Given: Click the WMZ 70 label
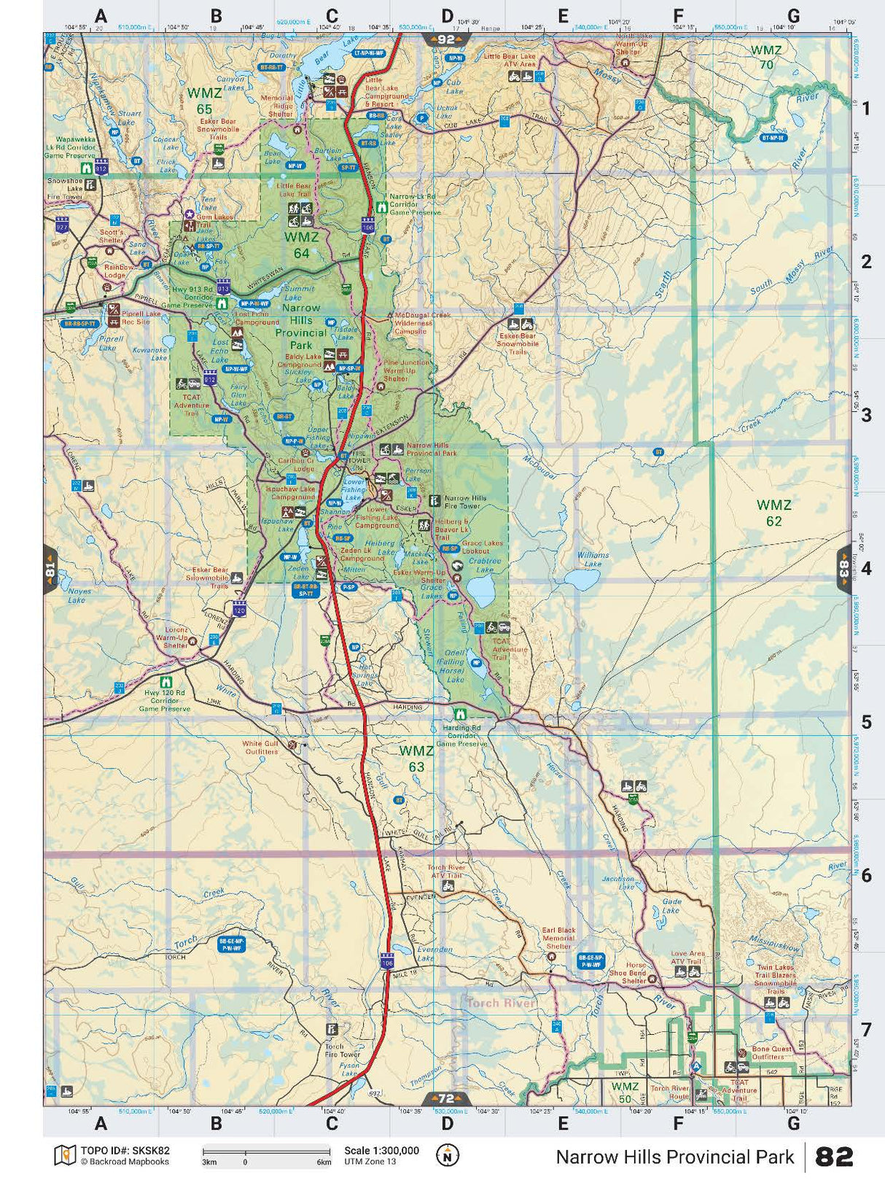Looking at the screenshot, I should [766, 57].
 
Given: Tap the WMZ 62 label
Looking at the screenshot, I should [773, 513].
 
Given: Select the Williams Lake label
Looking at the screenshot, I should [593, 559].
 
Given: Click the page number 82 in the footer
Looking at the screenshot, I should [834, 1157].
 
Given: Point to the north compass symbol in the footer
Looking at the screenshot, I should [448, 1155].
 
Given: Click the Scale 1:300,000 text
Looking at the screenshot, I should [381, 1151].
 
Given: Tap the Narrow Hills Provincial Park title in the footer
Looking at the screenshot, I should [674, 1157].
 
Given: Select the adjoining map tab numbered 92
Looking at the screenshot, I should [446, 39].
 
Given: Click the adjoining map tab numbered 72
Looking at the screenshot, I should [446, 1098].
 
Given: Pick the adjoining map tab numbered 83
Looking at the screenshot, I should [843, 568].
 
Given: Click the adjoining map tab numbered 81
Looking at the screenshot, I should [50, 569].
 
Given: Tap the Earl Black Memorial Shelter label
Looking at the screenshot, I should [558, 938].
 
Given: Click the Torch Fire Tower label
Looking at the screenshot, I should [342, 1050].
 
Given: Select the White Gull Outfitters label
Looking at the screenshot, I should [260, 748].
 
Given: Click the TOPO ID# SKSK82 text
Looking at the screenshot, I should [125, 1151].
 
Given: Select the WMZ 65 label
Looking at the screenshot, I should [204, 101].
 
